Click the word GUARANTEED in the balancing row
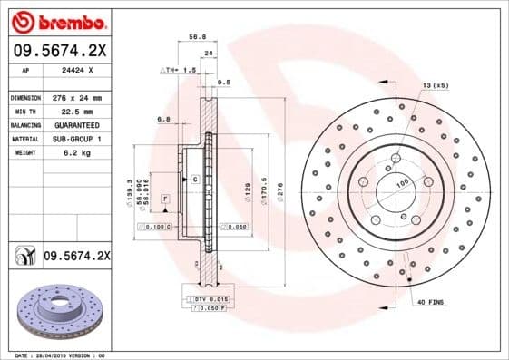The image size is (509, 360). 75,124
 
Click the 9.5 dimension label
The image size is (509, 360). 225,82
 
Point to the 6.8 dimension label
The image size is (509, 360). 164,119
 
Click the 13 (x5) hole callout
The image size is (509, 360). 434,84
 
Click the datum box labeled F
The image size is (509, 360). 166,197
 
